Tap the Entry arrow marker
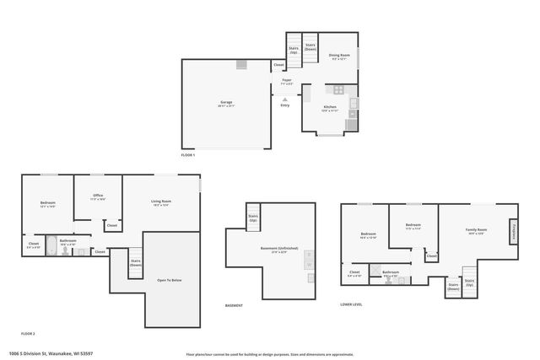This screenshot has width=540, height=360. (284, 99)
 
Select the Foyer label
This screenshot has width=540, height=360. (287, 81)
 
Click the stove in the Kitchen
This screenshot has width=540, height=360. (338, 89)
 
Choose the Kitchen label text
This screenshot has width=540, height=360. (330, 109)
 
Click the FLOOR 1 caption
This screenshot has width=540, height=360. (188, 156)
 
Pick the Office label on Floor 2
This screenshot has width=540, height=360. (98, 196)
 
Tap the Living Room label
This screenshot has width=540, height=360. (161, 201)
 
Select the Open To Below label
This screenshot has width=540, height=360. (170, 280)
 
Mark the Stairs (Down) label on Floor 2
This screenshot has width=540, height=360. (135, 263)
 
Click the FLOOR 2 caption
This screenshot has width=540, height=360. (28, 334)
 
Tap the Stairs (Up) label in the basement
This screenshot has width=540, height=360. (252, 219)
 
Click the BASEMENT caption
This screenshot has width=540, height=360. (234, 305)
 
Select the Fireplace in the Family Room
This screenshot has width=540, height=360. (513, 230)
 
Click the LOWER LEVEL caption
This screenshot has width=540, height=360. (351, 305)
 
